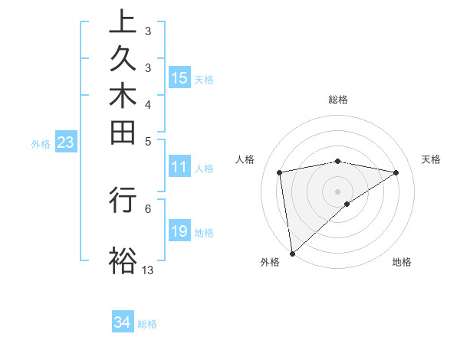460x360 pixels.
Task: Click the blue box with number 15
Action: (x=179, y=78)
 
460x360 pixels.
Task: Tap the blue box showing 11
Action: (x=179, y=167)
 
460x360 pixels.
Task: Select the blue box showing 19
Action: (x=179, y=231)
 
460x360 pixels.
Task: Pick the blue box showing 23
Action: (x=66, y=142)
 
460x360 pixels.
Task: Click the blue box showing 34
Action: (x=123, y=322)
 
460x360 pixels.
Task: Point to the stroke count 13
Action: (x=148, y=270)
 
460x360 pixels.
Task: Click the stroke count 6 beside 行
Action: (x=147, y=207)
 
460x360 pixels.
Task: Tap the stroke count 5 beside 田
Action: (x=147, y=141)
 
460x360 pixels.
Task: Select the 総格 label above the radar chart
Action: (x=338, y=100)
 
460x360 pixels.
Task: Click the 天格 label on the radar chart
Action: (x=432, y=159)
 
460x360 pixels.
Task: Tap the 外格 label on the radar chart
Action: (x=270, y=262)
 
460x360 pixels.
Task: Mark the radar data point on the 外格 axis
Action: (x=292, y=253)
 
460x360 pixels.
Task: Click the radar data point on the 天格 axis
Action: (x=396, y=172)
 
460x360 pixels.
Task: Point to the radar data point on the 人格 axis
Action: (x=280, y=172)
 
